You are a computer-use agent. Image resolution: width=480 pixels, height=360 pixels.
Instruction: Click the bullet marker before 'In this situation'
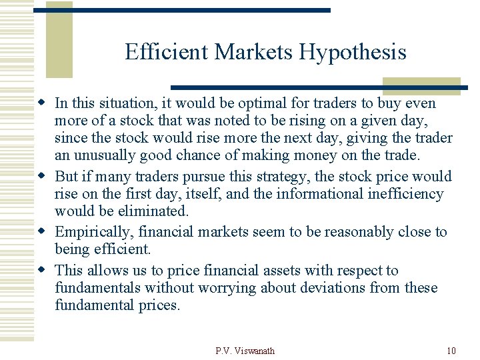pos(43,103)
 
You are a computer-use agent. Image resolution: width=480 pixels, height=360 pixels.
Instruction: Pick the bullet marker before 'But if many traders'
pos(43,177)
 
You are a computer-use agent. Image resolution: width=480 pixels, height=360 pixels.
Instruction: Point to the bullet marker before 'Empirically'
pos(43,232)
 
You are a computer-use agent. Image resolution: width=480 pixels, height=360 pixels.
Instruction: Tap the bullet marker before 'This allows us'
pos(43,271)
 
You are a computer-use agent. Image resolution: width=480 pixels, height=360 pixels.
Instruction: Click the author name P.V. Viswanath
pos(245,351)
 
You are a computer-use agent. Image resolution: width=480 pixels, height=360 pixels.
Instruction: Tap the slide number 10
pos(451,351)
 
